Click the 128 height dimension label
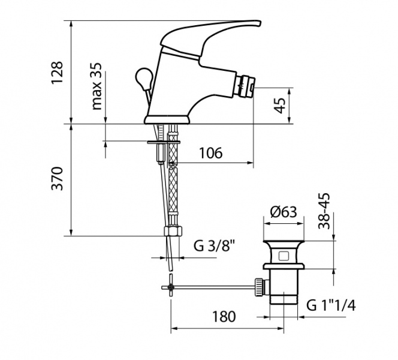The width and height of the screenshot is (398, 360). (56, 73)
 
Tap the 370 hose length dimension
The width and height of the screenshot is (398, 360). (56, 178)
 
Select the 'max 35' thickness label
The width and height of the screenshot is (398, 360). (97, 86)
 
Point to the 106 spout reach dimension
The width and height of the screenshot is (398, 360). (210, 153)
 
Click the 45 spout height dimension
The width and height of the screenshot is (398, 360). (280, 106)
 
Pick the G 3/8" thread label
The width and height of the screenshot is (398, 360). (214, 245)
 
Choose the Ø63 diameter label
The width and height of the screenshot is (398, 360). (284, 212)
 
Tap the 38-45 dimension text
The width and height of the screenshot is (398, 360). (324, 211)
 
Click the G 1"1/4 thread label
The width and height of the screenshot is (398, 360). (331, 305)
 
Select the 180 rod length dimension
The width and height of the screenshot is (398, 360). (224, 317)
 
